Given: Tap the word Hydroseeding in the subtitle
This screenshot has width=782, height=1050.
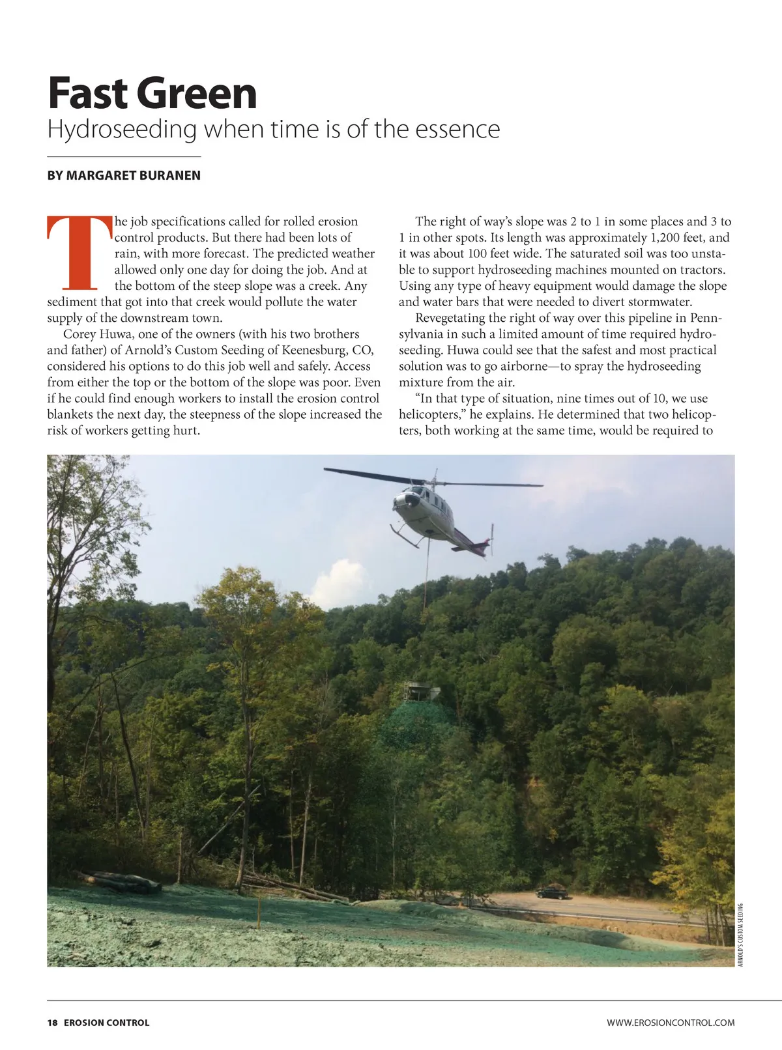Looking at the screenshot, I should click(122, 129).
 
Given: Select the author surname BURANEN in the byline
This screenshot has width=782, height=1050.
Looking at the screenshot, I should click(166, 176).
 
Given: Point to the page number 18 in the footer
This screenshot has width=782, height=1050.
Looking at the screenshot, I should click(52, 1023).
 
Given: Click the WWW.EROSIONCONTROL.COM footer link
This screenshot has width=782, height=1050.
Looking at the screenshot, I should click(671, 1023).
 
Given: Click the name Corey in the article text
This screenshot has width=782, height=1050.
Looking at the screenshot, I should click(80, 334).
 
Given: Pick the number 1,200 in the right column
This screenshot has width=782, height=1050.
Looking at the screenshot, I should click(666, 238).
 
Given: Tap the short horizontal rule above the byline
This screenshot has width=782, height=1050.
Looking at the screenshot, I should click(124, 157).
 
